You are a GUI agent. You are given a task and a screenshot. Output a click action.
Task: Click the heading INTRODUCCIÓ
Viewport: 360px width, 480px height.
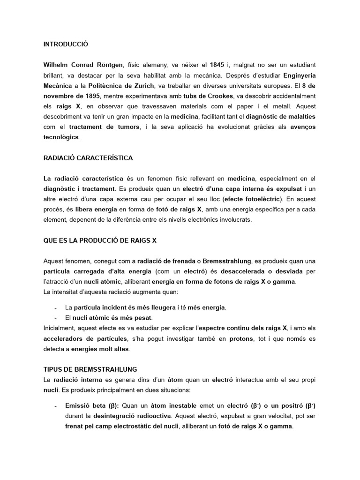[66, 45]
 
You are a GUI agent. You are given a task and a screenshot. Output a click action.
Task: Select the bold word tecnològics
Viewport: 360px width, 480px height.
[60, 137]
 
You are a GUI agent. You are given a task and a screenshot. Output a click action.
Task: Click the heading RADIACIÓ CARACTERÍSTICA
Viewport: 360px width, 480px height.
[88, 158]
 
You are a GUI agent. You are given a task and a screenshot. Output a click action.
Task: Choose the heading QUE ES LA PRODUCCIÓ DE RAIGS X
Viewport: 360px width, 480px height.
[100, 240]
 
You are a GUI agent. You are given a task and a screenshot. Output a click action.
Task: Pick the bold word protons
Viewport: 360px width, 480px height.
[240, 338]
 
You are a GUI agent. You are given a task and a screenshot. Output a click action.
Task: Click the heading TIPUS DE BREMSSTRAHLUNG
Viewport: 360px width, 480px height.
[90, 370]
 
